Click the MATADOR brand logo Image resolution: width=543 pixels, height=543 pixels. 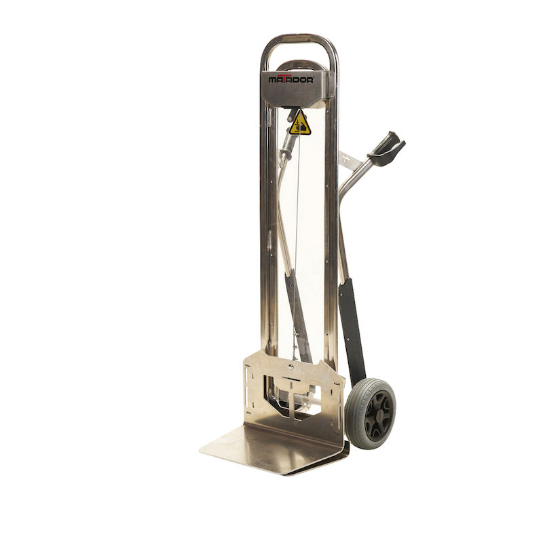[x=291, y=79]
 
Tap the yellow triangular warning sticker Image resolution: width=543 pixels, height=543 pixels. [x=299, y=124]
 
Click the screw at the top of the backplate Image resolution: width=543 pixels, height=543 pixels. [x=291, y=367]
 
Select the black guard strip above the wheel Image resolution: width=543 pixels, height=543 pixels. [x=352, y=331]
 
